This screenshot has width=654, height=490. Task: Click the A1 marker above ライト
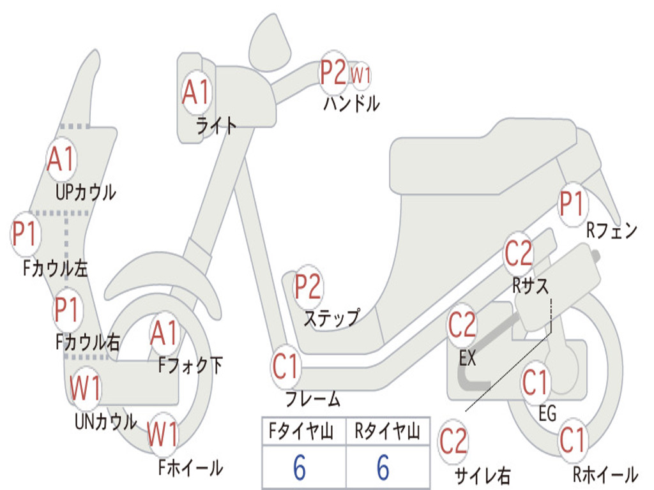pyautogui.click(x=195, y=93)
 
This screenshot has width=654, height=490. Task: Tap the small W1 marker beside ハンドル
pyautogui.click(x=361, y=75)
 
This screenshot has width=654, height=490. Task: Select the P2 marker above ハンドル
pyautogui.click(x=333, y=72)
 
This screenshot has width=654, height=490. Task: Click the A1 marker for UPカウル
pyautogui.click(x=61, y=159)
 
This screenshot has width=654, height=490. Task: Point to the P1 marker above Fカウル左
pyautogui.click(x=26, y=234)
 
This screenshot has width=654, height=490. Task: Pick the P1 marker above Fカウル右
pyautogui.click(x=66, y=309)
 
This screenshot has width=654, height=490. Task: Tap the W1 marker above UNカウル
pyautogui.click(x=85, y=387)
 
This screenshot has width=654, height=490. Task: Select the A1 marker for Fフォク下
pyautogui.click(x=165, y=332)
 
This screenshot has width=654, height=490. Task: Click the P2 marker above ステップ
pyautogui.click(x=308, y=288)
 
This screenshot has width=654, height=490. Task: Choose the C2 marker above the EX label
pyautogui.click(x=462, y=326)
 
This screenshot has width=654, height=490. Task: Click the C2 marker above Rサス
pyautogui.click(x=518, y=254)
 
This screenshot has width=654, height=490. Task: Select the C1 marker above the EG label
pyautogui.click(x=536, y=383)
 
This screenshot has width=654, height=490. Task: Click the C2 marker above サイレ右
pyautogui.click(x=453, y=442)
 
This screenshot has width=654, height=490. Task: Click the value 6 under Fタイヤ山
pyautogui.click(x=300, y=468)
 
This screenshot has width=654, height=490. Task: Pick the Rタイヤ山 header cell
pyautogui.click(x=387, y=432)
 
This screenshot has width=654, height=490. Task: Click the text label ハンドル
pyautogui.click(x=351, y=103)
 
